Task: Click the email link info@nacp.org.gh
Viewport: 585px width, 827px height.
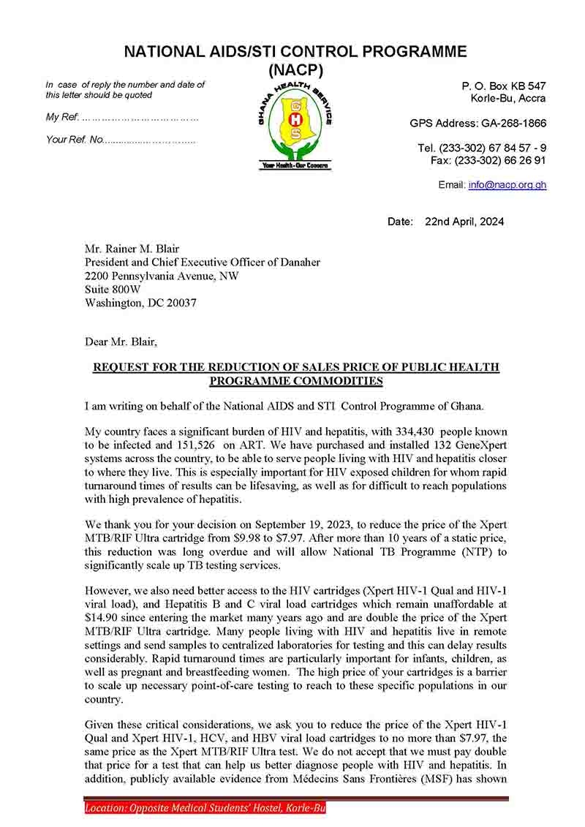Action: pyautogui.click(x=507, y=185)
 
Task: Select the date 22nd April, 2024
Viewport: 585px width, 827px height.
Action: pyautogui.click(x=466, y=222)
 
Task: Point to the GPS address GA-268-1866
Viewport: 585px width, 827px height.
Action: pyautogui.click(x=512, y=124)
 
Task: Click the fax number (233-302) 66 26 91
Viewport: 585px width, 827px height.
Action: pyautogui.click(x=499, y=160)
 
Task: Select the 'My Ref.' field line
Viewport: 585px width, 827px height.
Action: pyautogui.click(x=122, y=117)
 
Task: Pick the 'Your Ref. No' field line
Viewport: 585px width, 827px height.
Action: pyautogui.click(x=121, y=140)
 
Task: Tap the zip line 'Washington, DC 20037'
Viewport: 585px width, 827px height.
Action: pyautogui.click(x=140, y=302)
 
